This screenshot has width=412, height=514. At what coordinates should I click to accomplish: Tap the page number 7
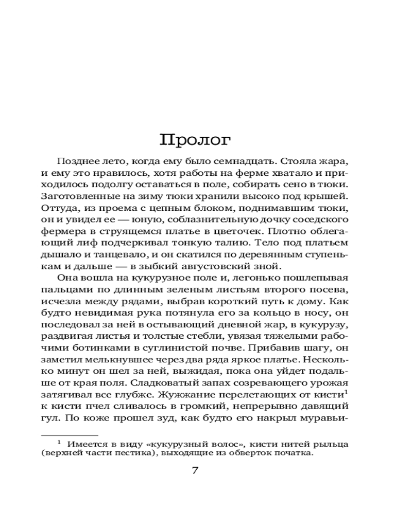click(195, 470)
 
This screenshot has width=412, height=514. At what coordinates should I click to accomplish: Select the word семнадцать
click(241, 161)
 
